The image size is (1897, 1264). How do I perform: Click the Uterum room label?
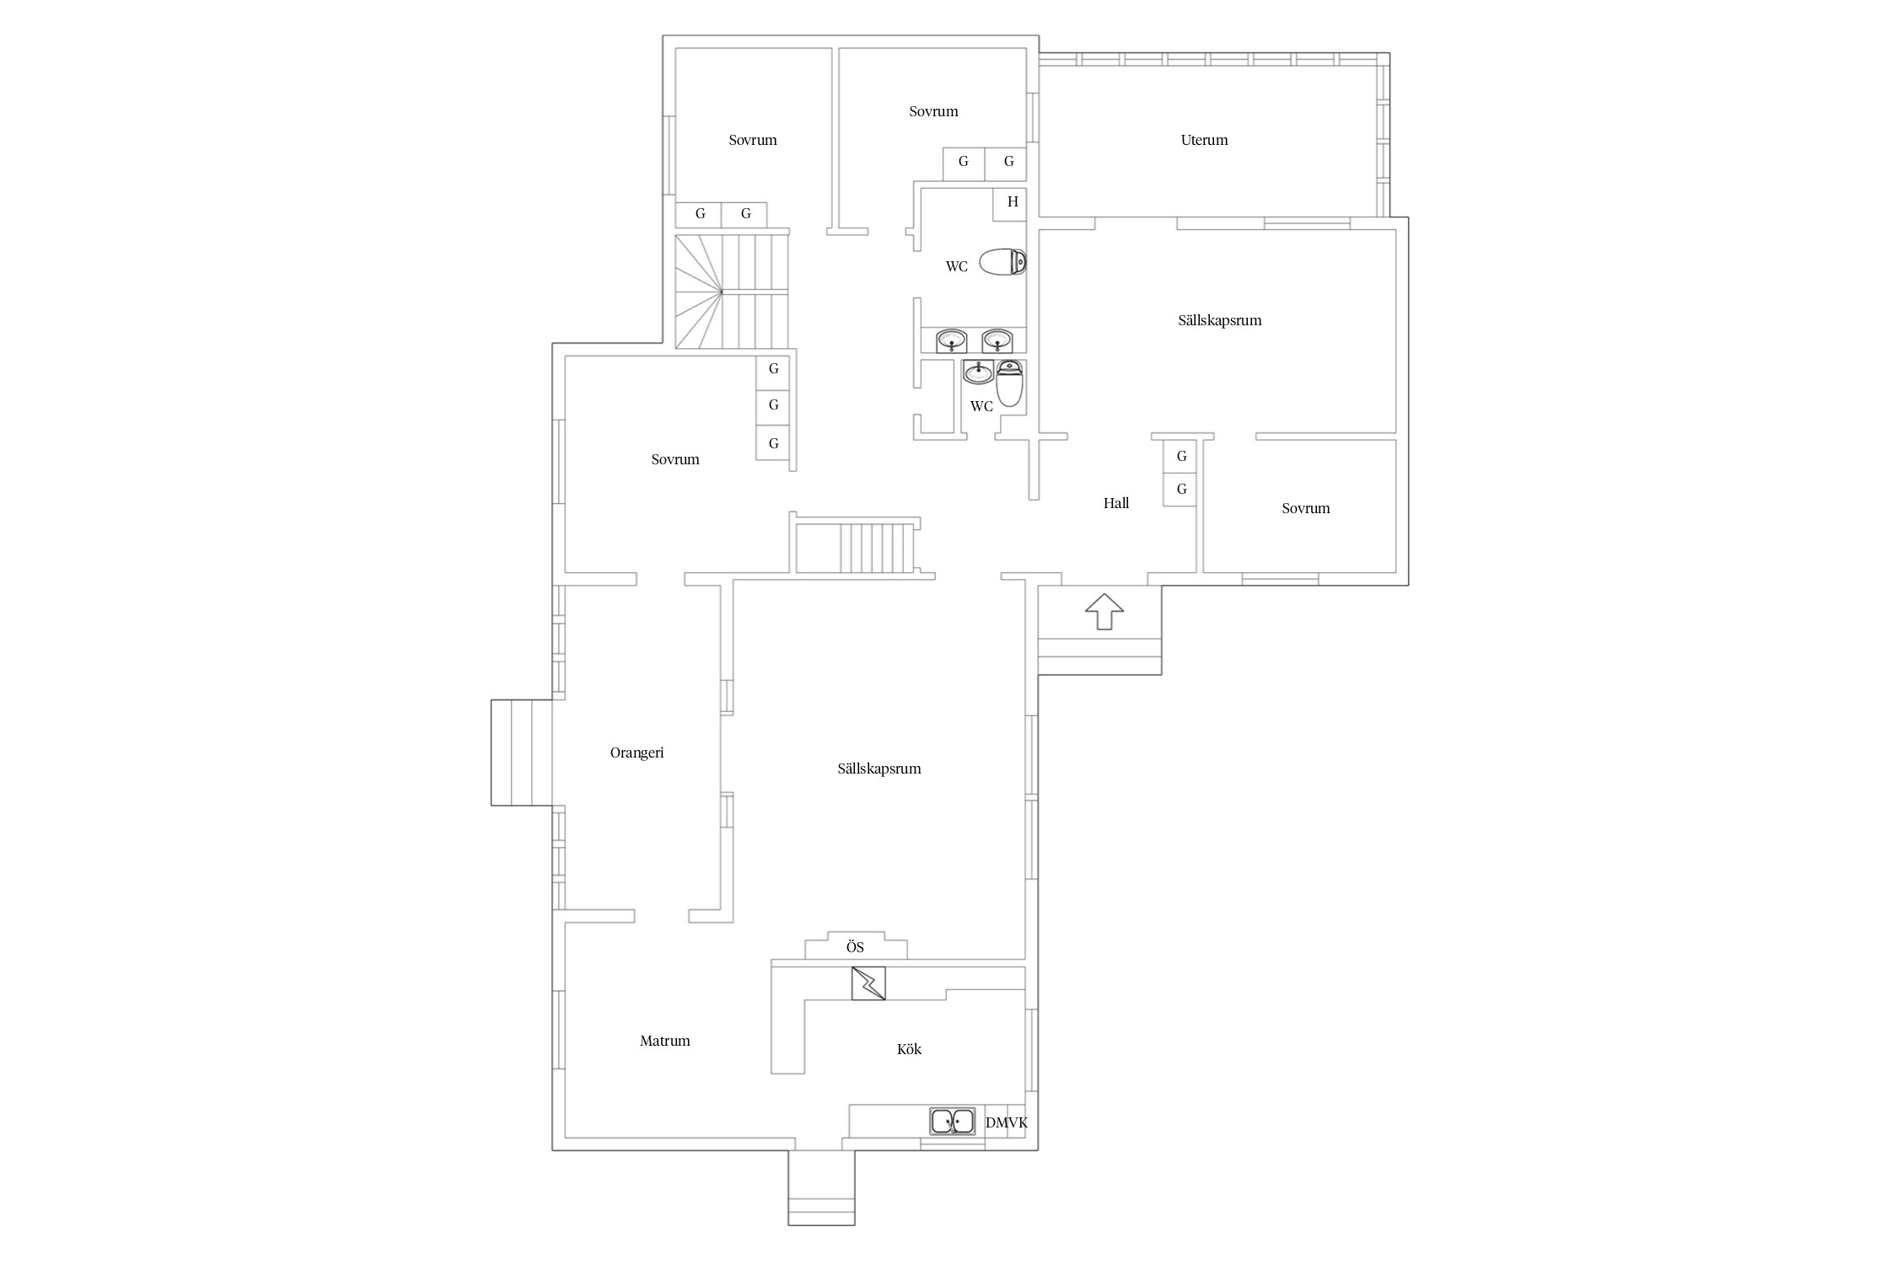point(1204,140)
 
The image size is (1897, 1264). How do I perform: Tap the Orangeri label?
point(637,753)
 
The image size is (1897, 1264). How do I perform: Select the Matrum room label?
point(664,1041)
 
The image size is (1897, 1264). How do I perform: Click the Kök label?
point(909,1049)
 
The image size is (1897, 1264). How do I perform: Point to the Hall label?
point(1116,503)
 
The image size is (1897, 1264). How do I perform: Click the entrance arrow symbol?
point(1104,611)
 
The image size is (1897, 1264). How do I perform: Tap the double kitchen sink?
point(953,1122)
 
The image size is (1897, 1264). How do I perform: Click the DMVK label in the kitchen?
point(1007,1122)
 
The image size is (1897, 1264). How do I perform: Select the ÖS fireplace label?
point(855,947)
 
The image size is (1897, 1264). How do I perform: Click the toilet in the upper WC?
point(1002,262)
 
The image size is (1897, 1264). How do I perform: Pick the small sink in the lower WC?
point(979,372)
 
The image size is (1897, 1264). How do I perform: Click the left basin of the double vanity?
point(952,340)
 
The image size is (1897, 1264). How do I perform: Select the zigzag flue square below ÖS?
point(868,983)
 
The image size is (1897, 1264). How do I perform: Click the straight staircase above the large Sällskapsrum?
point(856,548)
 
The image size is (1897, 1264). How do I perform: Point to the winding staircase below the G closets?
point(732,292)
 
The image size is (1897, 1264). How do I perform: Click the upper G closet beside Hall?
point(1180,456)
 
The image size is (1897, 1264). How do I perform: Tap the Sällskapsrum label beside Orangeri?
point(879,769)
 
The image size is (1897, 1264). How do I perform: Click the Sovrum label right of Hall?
point(1305,508)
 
